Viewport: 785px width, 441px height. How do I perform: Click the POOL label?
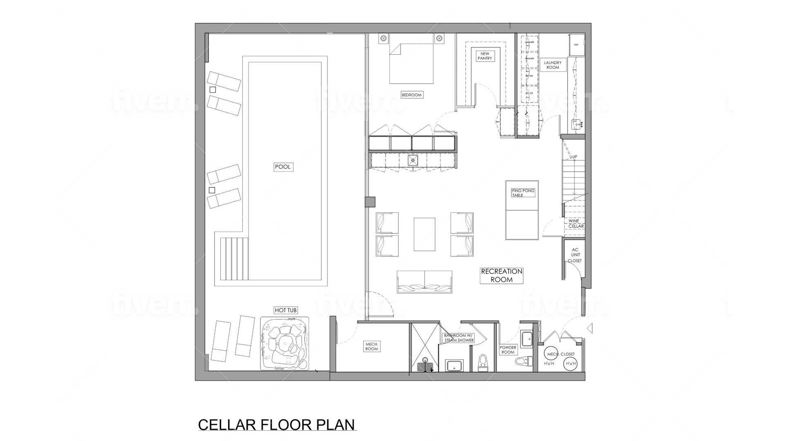pos(283,167)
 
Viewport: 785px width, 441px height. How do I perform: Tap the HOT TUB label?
pos(285,310)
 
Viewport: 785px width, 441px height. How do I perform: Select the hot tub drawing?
pos(285,344)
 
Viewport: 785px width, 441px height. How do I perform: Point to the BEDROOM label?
pos(411,95)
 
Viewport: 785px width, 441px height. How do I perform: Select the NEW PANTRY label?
pos(484,56)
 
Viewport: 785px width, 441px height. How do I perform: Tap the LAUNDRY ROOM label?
pos(553,65)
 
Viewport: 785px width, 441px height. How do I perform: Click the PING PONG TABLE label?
pos(523,193)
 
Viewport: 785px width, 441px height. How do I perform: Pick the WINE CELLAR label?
pos(576,223)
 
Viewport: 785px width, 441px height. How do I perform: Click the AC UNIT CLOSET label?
pos(575,255)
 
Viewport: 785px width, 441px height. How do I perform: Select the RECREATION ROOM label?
pos(502,276)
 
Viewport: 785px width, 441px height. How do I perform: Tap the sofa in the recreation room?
pos(424,282)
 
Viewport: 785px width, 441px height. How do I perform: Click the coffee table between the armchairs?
pos(424,234)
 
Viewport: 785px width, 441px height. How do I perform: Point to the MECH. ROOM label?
pos(372,346)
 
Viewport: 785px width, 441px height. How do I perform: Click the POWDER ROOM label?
pos(508,350)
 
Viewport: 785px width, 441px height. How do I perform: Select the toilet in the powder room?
pos(523,361)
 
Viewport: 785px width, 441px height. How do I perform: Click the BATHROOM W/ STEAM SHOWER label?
pos(459,338)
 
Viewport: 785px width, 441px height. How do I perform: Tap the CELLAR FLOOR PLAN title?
pos(276,425)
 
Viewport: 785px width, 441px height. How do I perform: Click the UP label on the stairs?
pos(574,157)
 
